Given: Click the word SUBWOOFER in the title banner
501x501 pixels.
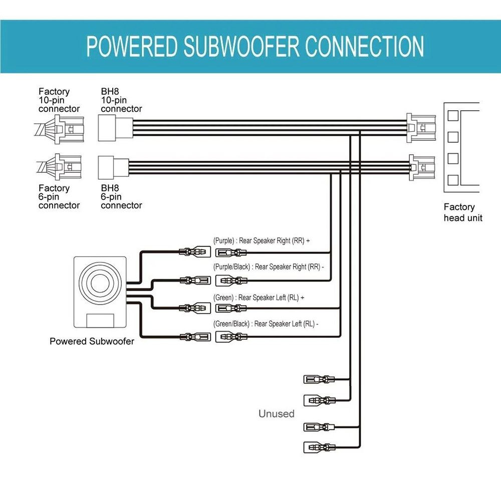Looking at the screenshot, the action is [x=241, y=46].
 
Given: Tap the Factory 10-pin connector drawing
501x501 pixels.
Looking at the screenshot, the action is [x=60, y=129].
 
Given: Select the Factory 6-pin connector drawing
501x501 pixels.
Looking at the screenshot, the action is [x=60, y=167].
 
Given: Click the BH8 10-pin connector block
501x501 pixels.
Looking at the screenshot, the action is [x=115, y=128].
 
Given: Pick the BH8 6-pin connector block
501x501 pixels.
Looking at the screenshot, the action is [x=113, y=167].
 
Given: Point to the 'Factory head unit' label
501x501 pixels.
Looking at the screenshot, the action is [x=463, y=212].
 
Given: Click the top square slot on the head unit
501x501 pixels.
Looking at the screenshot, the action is [x=453, y=116].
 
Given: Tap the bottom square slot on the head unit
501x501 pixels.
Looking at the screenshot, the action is [x=453, y=180].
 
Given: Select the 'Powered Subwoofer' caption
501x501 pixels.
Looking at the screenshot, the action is [x=92, y=341].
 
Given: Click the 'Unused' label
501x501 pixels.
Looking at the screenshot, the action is [x=277, y=414].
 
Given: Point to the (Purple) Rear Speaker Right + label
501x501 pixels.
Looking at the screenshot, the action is [x=262, y=240].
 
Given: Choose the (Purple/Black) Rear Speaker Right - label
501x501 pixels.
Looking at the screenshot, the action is [x=269, y=267].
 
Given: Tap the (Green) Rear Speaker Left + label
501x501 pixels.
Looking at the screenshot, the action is [x=259, y=298].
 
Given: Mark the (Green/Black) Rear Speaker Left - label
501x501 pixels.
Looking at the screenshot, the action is [x=266, y=324].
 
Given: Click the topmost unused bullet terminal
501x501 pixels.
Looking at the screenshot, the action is [x=319, y=379].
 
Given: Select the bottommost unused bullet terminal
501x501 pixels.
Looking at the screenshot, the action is [x=319, y=447].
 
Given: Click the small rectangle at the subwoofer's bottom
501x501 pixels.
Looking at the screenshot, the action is [x=100, y=321].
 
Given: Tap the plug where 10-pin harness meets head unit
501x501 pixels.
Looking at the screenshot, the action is [x=421, y=128].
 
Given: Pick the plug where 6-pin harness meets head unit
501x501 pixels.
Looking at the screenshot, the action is [x=422, y=168].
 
